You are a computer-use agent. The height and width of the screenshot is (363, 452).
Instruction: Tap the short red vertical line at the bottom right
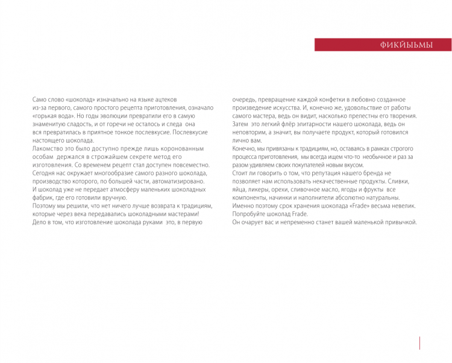pyautogui.click(x=419, y=342)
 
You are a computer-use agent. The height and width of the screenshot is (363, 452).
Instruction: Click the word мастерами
pyautogui.click(x=178, y=214)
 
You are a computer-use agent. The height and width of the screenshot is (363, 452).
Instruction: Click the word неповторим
pyautogui.click(x=249, y=132)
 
